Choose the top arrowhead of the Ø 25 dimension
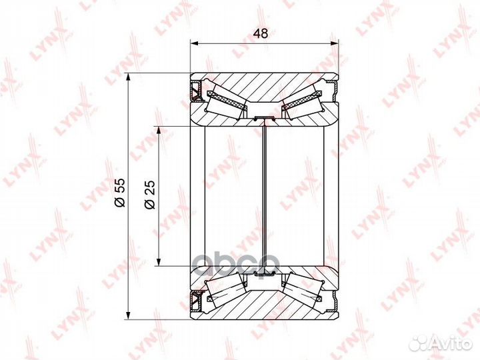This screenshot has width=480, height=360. pyautogui.click(x=158, y=129)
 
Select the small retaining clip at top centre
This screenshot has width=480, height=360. pyautogui.click(x=265, y=119)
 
